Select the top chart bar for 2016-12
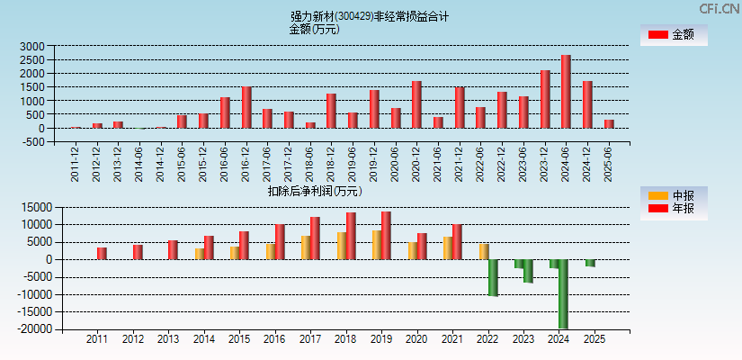click(x=246, y=107)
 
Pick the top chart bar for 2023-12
click(x=545, y=99)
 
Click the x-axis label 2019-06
click(x=353, y=163)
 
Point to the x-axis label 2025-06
click(x=609, y=163)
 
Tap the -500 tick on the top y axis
click(x=32, y=142)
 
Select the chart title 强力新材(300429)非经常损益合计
click(x=370, y=16)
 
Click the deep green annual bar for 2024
click(x=563, y=294)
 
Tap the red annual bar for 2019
click(x=386, y=236)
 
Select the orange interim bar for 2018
click(x=342, y=246)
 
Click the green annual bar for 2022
click(x=493, y=277)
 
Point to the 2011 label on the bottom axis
click(x=97, y=340)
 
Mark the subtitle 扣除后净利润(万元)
click(x=315, y=191)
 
